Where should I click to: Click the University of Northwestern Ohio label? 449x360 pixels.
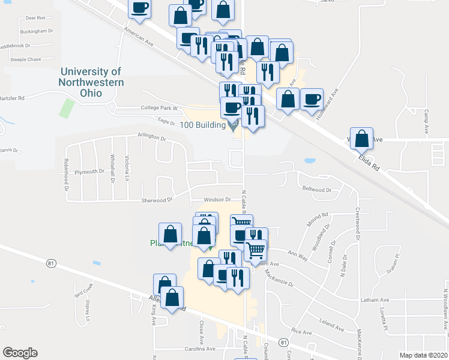click(91, 82)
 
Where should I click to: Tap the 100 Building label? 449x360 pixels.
click(202, 125)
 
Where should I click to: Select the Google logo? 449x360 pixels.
click(20, 352)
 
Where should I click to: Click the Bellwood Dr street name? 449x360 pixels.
click(317, 190)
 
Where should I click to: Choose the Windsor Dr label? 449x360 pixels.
click(217, 199)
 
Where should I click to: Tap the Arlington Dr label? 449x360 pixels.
click(151, 137)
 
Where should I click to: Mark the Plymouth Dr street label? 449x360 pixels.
click(89, 172)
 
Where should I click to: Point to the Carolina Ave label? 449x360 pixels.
click(200, 349)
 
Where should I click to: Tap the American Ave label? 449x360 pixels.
click(137, 37)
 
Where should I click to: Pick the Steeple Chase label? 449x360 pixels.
click(25, 59)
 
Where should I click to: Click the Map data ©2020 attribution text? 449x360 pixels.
click(423, 355)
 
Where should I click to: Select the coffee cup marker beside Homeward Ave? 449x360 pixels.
click(311, 98)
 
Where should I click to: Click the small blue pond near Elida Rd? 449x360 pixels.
click(310, 161)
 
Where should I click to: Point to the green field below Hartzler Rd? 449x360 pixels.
click(67, 109)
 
